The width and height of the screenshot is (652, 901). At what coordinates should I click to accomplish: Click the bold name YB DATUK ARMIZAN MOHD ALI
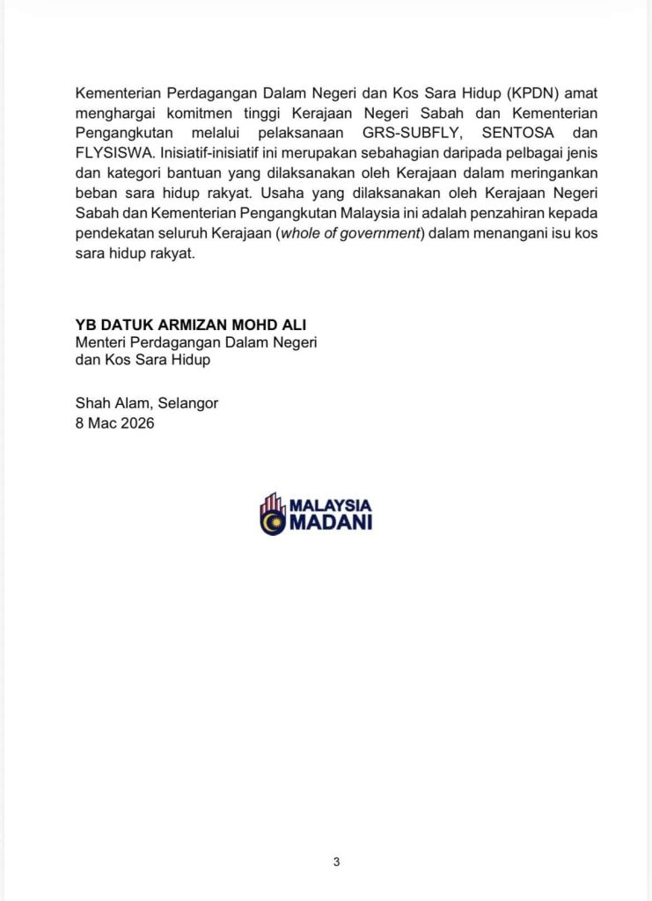point(191,326)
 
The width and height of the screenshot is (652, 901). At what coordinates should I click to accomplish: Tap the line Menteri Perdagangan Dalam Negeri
point(196,342)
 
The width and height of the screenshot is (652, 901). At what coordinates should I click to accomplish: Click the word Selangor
point(184,404)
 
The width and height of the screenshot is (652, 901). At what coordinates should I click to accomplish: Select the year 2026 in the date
point(137,422)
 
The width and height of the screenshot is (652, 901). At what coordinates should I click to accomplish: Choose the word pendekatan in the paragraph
point(114,234)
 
